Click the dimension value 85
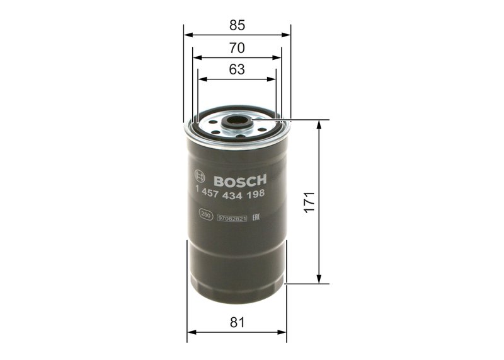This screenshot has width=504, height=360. pos(237,26)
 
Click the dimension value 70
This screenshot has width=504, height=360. pos(237,48)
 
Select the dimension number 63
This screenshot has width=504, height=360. pos(237,70)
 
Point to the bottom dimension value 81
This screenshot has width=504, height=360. pos(237,322)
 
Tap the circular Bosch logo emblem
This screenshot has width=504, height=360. pos(200,179)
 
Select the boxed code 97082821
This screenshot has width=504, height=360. pos(231,218)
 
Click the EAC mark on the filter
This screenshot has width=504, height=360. pos(256,217)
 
